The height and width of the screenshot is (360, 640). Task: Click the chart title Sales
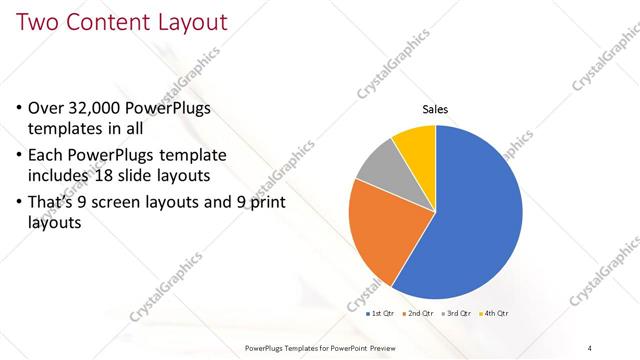coord(435,109)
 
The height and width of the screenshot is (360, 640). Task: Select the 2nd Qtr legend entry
coord(419,314)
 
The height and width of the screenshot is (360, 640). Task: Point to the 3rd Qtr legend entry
coord(458,314)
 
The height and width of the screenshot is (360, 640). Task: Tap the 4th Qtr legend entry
coord(496,314)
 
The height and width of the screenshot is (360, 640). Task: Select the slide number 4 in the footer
coord(589,347)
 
